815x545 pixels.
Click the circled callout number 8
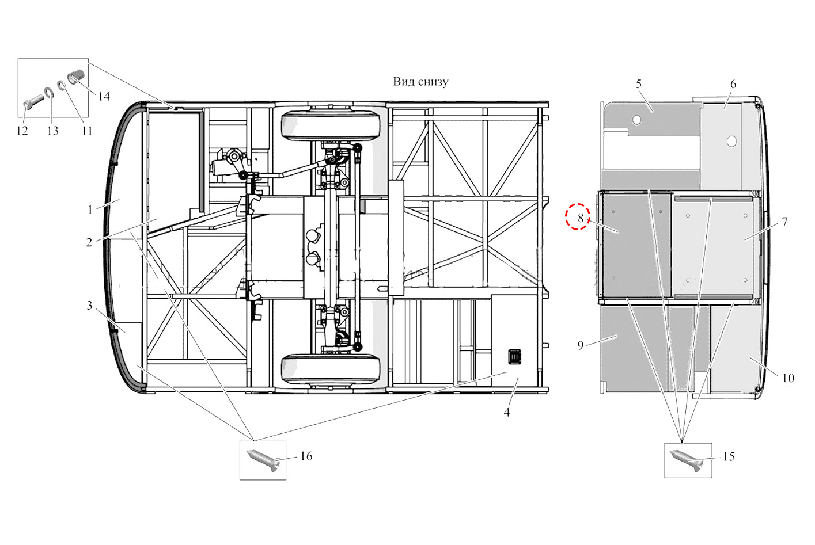(581, 218)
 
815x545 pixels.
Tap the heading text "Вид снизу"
(420, 82)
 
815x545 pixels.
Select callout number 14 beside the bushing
(104, 96)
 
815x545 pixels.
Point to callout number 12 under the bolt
(22, 131)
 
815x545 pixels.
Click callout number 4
(507, 412)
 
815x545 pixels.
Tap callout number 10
(788, 378)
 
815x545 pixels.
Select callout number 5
(639, 84)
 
